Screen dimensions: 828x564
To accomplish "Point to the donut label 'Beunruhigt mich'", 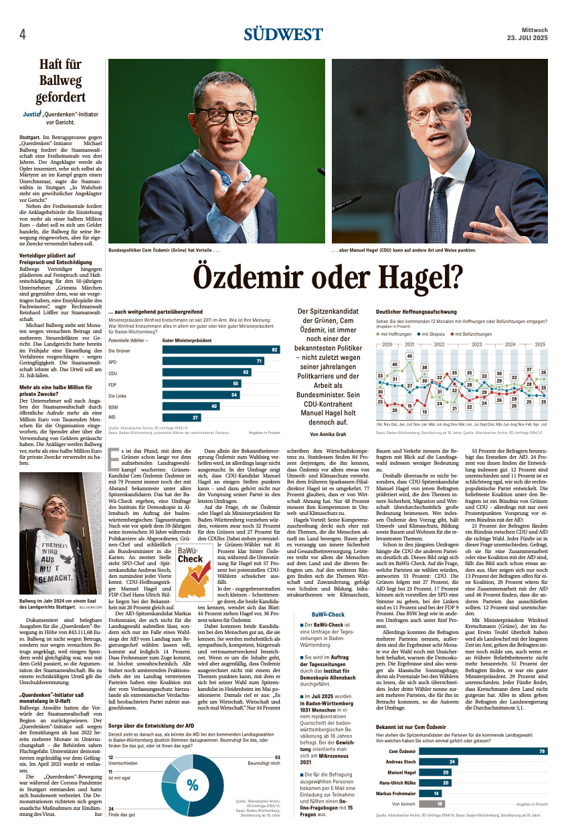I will point(264,763).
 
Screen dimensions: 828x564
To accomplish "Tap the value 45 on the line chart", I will point(409,356).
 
